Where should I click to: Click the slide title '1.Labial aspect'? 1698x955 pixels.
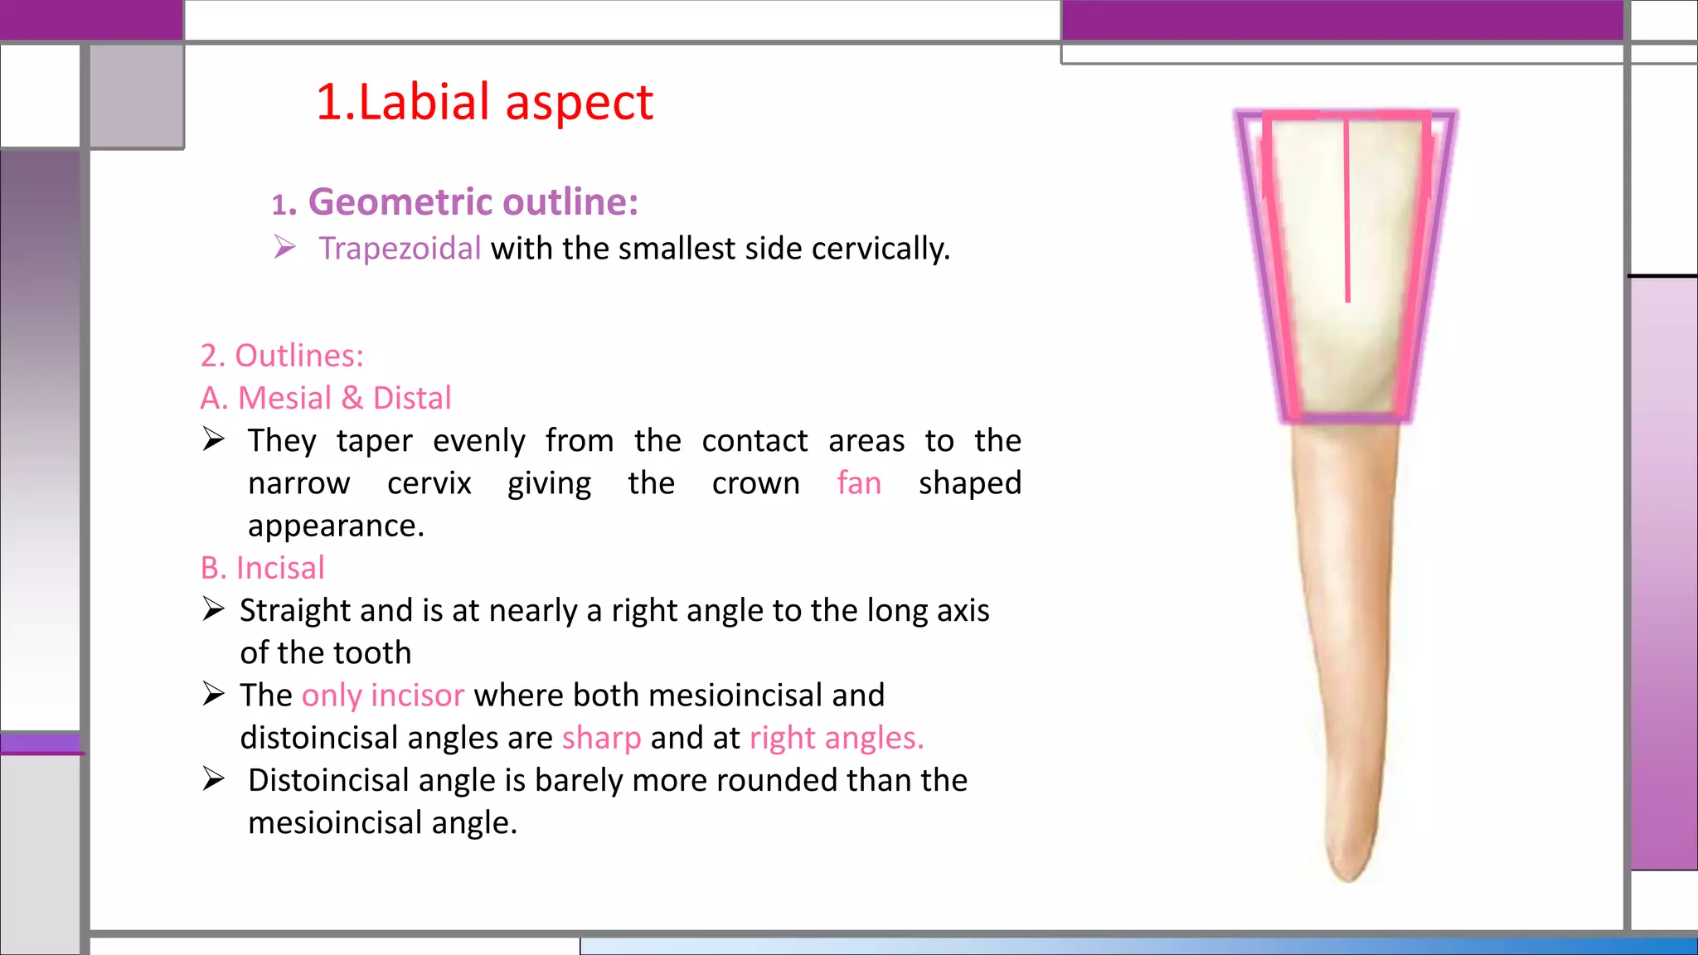(484, 103)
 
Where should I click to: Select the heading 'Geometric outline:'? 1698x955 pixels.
(473, 202)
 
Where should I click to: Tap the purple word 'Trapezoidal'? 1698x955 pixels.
(400, 249)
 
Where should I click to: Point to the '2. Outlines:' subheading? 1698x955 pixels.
(282, 356)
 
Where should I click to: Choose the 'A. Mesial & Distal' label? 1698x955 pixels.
(326, 398)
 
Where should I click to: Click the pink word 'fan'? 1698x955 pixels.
(859, 482)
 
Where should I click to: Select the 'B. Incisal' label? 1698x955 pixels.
(262, 568)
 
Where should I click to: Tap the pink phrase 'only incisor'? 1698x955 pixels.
(382, 696)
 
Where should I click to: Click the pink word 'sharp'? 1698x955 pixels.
(601, 738)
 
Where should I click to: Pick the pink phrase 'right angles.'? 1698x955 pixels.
(837, 738)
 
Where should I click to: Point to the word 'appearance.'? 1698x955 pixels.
(336, 526)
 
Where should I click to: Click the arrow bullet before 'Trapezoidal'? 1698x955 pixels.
(284, 247)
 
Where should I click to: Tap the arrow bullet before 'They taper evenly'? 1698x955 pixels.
(213, 439)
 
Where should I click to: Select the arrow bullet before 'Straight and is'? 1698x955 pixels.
(213, 609)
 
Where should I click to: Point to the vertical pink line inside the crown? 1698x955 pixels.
(1347, 216)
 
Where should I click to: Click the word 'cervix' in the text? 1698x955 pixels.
(429, 482)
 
